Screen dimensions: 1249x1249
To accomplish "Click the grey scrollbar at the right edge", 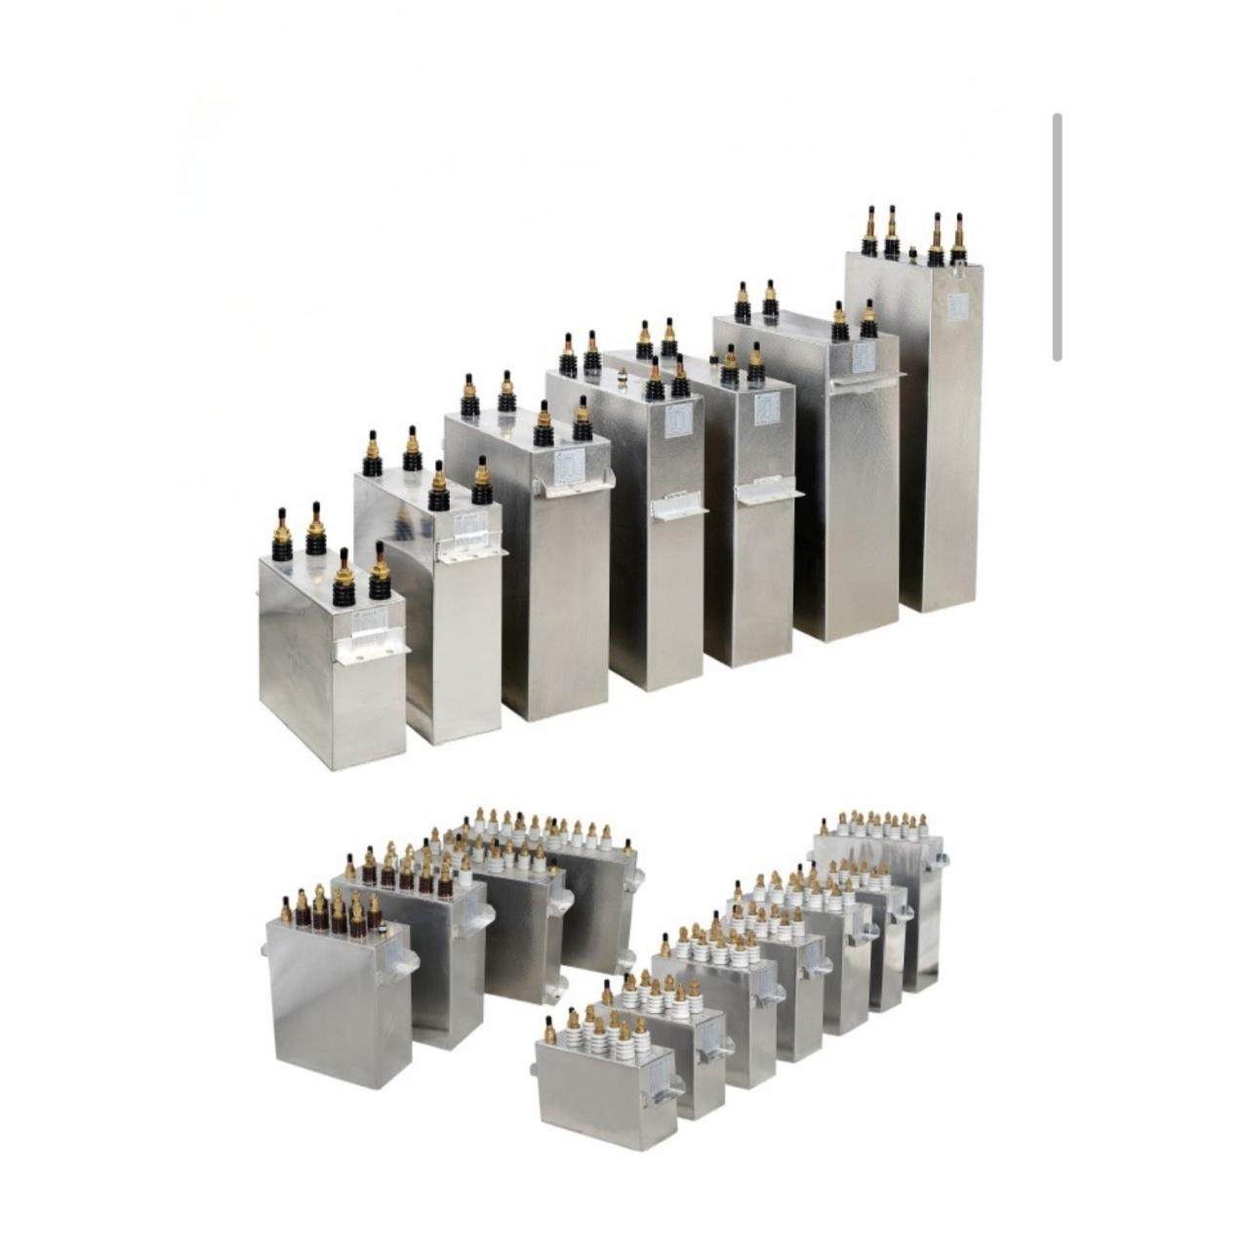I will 1057,237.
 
